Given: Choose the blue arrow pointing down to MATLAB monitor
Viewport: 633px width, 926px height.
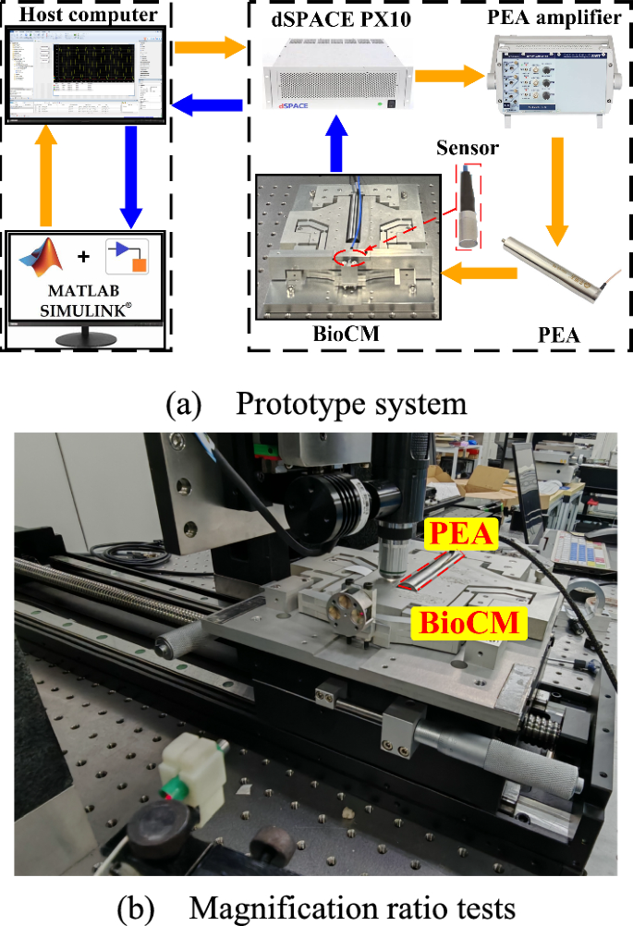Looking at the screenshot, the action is [x=130, y=176].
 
